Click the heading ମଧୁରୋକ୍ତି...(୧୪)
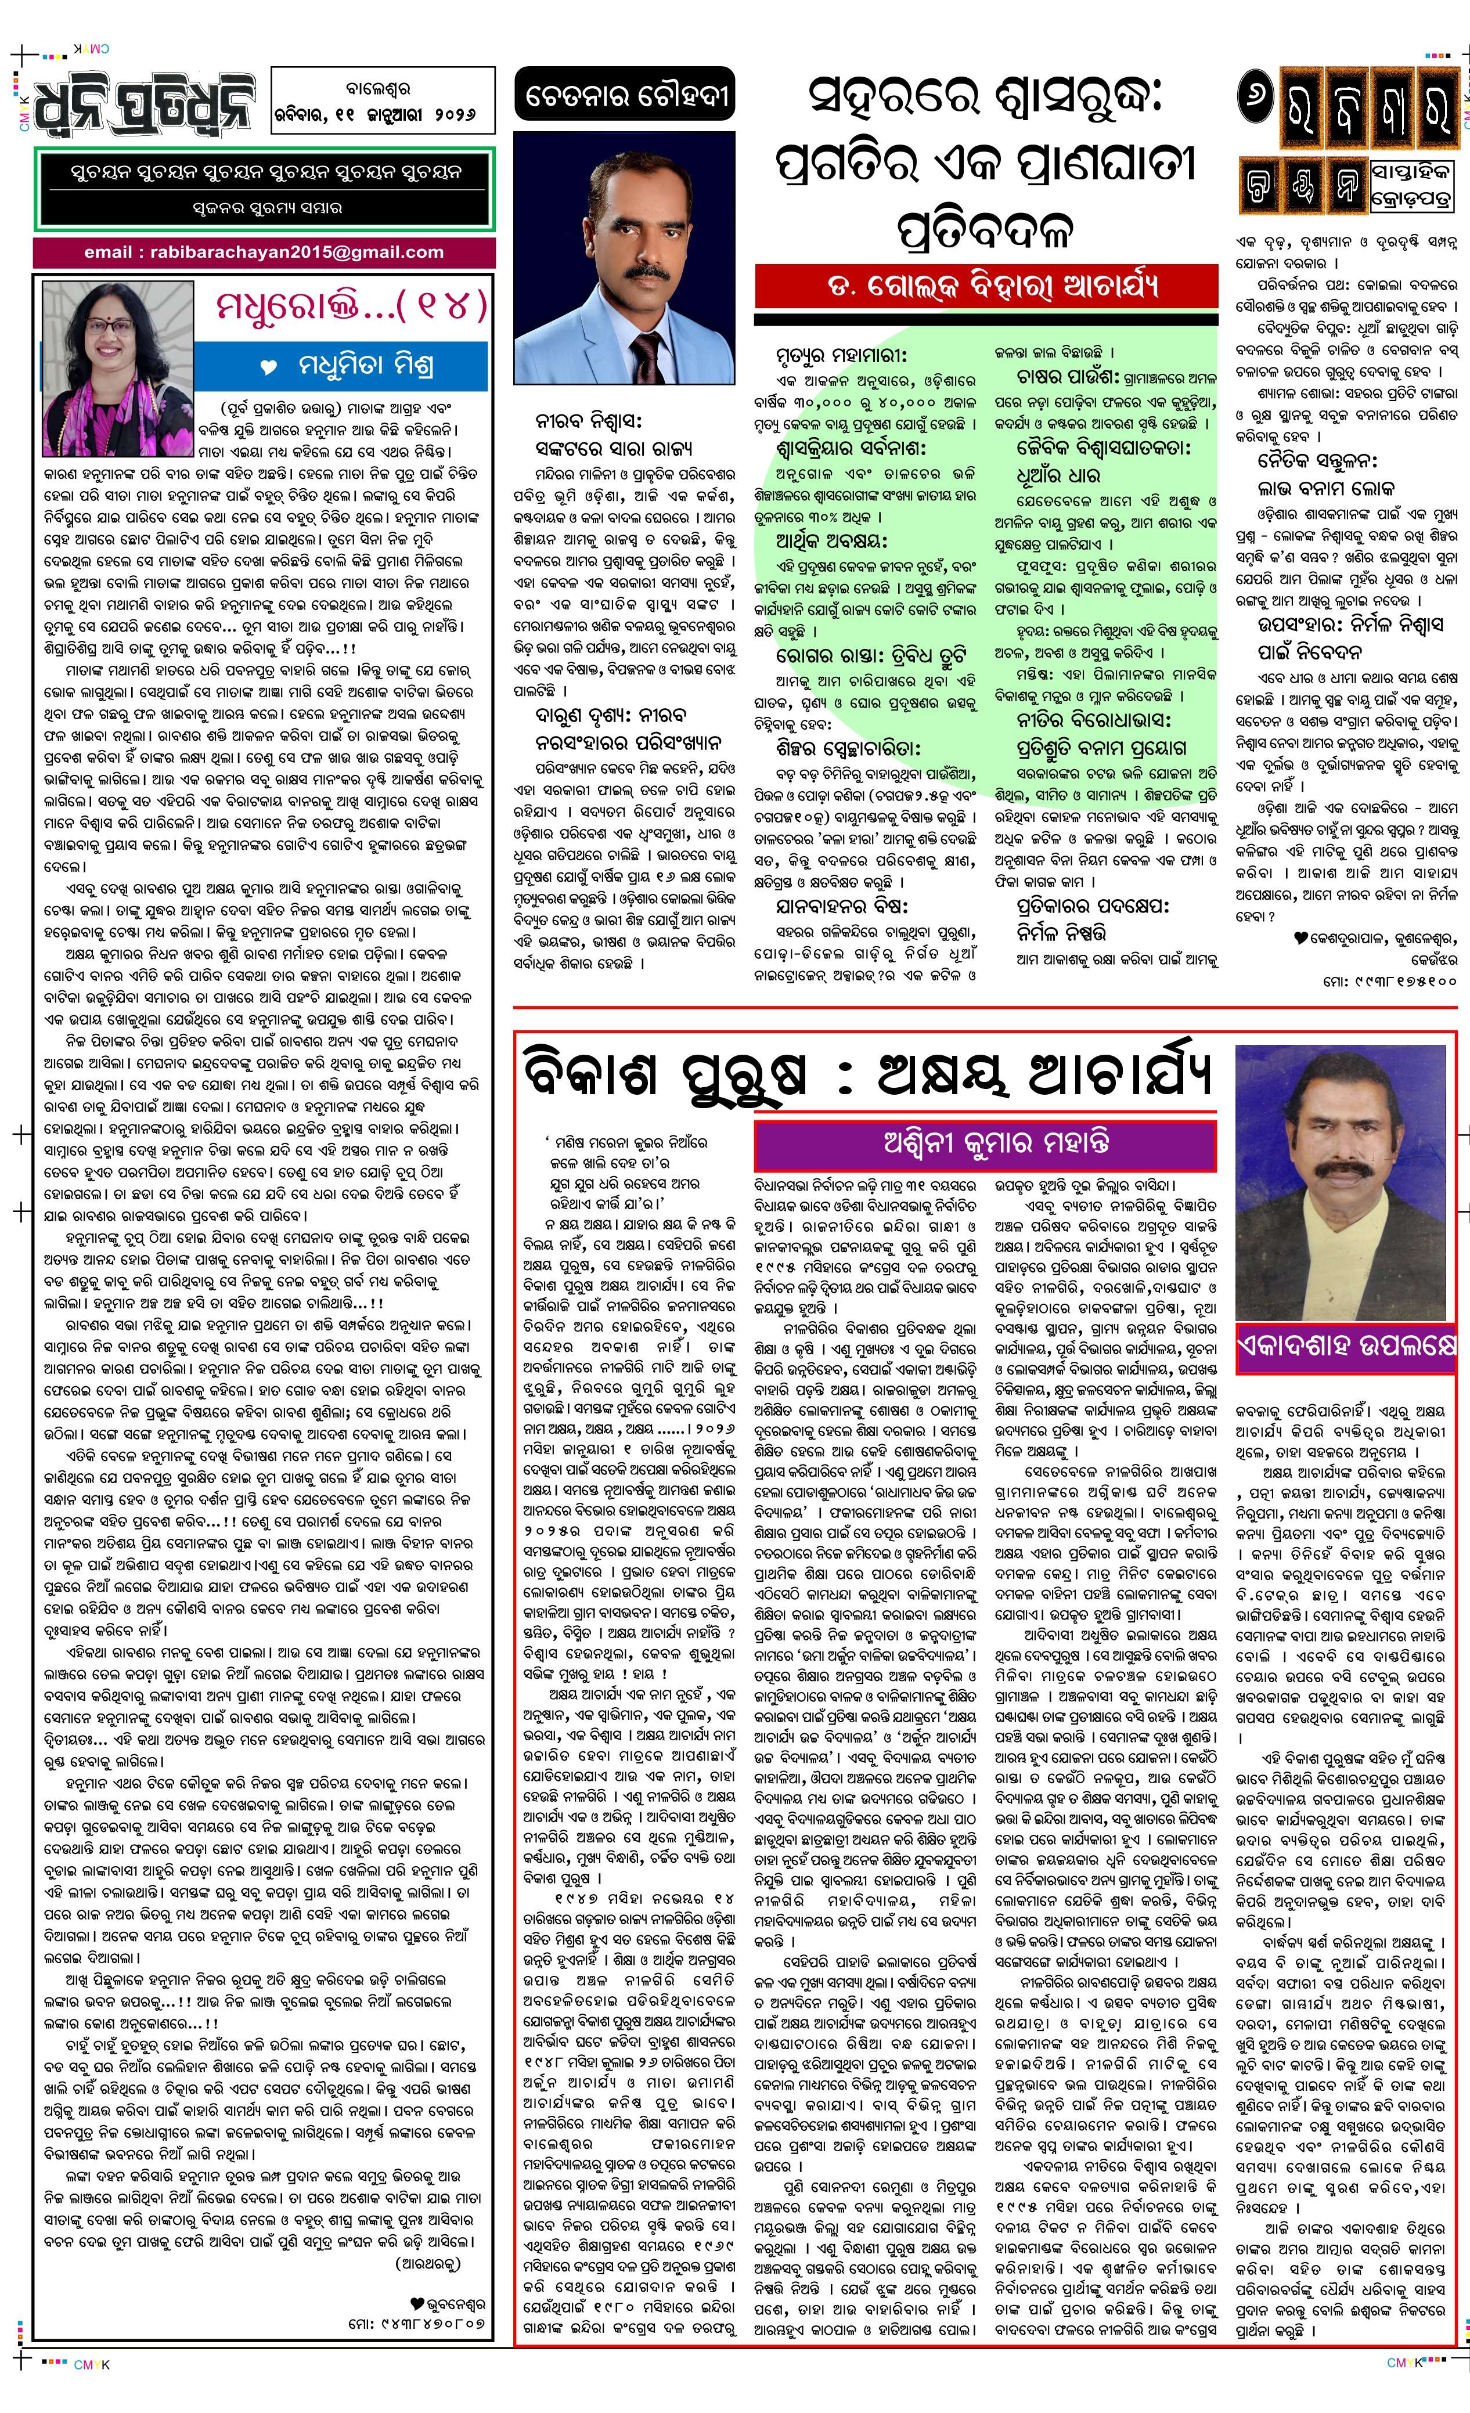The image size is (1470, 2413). (x=350, y=306)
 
